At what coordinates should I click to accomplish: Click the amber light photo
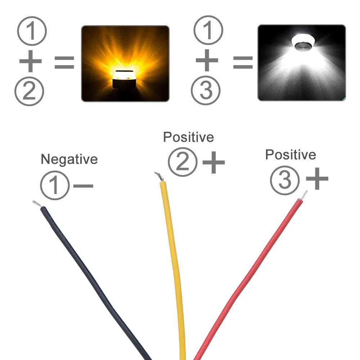pos(125,63)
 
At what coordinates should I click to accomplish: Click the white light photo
pos(301,63)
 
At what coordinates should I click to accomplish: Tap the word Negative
pos(69,159)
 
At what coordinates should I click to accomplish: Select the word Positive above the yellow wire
pos(188,137)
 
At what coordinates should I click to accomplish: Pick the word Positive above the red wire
pos(291,155)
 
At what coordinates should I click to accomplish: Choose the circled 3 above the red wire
pos(284,180)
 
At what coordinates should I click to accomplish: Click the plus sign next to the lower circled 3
pos(317,179)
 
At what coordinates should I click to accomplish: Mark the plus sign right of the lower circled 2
pos(214,162)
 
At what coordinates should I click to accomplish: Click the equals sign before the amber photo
pos(64,63)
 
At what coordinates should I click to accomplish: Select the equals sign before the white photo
pos(243,63)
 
